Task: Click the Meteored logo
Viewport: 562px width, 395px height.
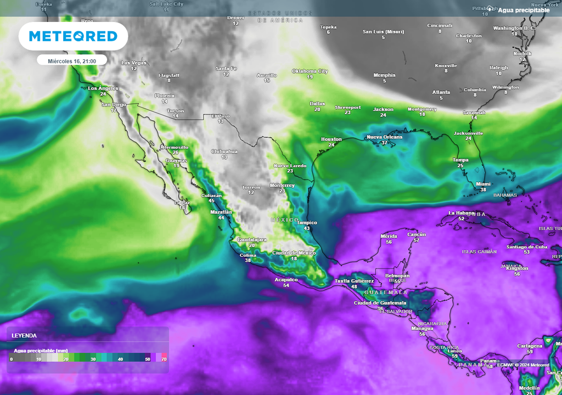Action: click(73, 36)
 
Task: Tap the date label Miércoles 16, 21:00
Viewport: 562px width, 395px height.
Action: click(72, 60)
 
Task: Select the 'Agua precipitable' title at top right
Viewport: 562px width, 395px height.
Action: click(524, 10)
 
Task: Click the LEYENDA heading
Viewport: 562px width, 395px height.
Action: click(24, 335)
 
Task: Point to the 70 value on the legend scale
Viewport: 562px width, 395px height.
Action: click(164, 359)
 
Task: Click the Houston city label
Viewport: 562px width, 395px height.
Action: click(331, 139)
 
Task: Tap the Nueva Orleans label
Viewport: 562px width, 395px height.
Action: click(384, 137)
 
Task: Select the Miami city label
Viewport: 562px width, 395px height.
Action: click(483, 184)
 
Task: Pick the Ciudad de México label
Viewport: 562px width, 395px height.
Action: click(294, 252)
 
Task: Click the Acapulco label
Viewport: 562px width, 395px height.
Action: click(286, 280)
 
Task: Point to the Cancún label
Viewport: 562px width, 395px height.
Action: click(417, 234)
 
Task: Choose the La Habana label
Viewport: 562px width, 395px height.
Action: click(461, 213)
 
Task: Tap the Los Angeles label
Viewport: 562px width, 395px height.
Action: click(103, 88)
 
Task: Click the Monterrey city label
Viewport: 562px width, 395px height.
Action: click(282, 185)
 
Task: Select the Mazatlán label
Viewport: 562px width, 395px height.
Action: click(221, 212)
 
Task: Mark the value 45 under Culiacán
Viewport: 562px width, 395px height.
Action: click(211, 201)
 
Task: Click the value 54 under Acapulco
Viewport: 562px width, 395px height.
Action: click(286, 286)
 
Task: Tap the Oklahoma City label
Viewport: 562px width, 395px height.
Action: click(310, 71)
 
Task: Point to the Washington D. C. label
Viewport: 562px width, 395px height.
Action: click(514, 28)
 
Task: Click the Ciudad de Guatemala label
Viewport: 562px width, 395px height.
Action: click(380, 303)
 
